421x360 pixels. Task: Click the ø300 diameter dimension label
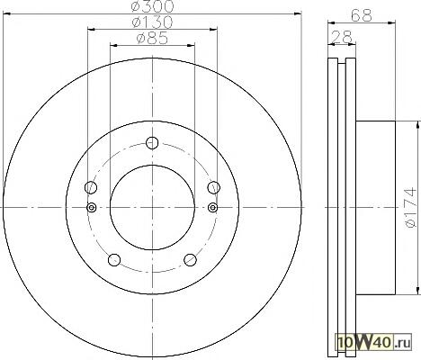click(153, 6)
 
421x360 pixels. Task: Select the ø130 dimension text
click(153, 22)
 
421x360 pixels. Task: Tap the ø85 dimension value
click(152, 38)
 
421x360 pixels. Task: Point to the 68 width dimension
click(362, 15)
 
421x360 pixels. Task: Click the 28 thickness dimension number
click(341, 37)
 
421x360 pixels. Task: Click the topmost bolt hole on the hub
click(152, 143)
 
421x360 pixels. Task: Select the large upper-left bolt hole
click(91, 187)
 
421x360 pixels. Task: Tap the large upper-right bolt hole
click(214, 187)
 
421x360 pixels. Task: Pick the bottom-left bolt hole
click(114, 260)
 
